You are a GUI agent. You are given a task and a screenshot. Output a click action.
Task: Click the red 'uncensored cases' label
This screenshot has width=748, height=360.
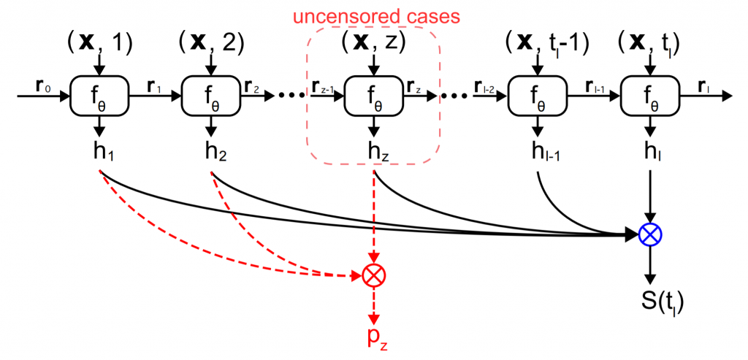pyautogui.click(x=373, y=15)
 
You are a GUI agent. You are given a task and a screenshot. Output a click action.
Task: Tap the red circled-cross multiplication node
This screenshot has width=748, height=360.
pyautogui.click(x=373, y=275)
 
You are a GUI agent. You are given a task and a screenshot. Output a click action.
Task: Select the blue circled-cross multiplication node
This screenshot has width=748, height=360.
pyautogui.click(x=649, y=234)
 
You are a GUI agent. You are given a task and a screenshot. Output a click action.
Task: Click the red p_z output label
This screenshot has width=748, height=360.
pyautogui.click(x=373, y=338)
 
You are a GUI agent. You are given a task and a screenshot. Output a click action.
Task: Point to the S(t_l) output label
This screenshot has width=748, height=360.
pyautogui.click(x=649, y=302)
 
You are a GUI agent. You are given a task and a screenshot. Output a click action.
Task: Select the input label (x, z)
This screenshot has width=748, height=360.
pyautogui.click(x=373, y=44)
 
